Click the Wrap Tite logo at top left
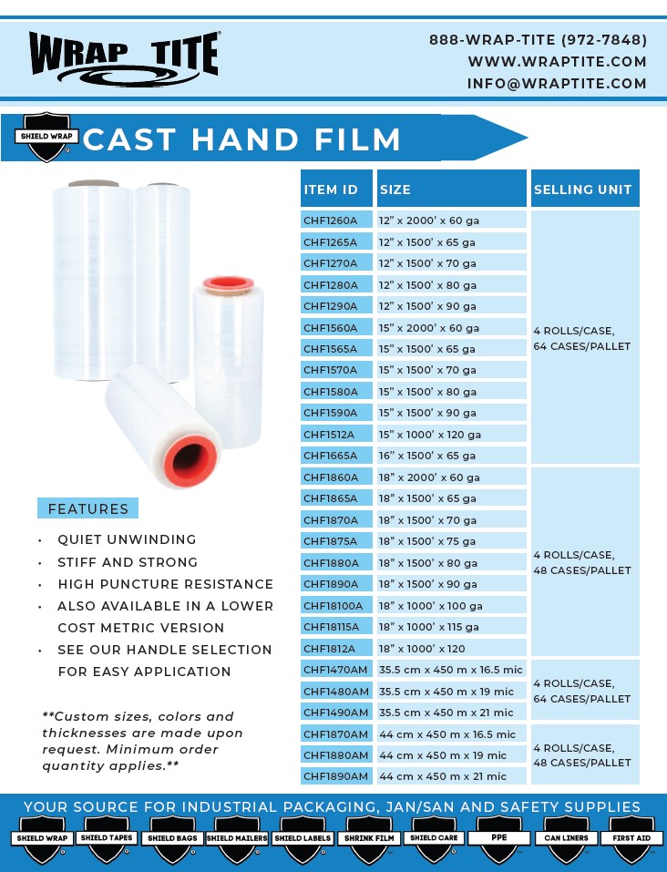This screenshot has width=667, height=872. pyautogui.click(x=124, y=56)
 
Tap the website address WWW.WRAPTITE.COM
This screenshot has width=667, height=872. pyautogui.click(x=557, y=62)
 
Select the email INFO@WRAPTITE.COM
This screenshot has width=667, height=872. pyautogui.click(x=557, y=84)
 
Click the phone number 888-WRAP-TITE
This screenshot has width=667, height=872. pyautogui.click(x=538, y=40)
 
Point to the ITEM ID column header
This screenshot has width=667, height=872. pyautogui.click(x=335, y=190)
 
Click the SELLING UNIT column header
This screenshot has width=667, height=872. pyautogui.click(x=583, y=190)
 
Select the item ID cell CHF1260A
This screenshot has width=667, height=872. pyautogui.click(x=335, y=221)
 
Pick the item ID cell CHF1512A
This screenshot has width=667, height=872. pyautogui.click(x=335, y=435)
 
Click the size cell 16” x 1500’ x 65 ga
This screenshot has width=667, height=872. pyautogui.click(x=451, y=456)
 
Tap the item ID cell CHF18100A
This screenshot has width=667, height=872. pyautogui.click(x=335, y=605)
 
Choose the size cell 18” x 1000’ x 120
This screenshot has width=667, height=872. pyautogui.click(x=451, y=649)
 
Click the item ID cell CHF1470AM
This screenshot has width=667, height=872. pyautogui.click(x=335, y=670)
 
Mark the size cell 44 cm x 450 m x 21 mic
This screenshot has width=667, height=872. pyautogui.click(x=451, y=776)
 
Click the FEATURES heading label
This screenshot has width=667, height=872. pyautogui.click(x=87, y=508)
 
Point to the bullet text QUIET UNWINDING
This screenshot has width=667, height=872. pyautogui.click(x=127, y=539)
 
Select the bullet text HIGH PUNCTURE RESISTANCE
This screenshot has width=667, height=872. pyautogui.click(x=165, y=584)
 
